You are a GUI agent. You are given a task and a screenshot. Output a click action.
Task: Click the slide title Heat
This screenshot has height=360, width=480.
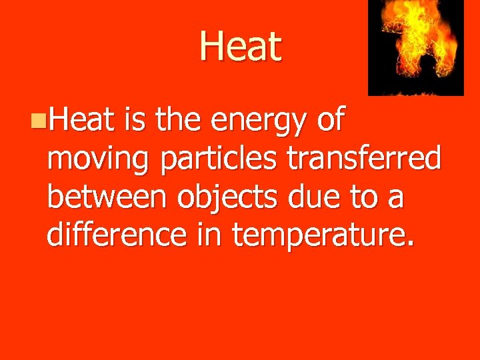point(241,47)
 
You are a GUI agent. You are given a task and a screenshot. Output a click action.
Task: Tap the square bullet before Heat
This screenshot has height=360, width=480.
point(41,121)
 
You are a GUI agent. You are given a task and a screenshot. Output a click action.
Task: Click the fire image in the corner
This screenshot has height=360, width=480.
point(416,47)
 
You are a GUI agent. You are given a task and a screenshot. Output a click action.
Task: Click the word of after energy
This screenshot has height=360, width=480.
point(328,120)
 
